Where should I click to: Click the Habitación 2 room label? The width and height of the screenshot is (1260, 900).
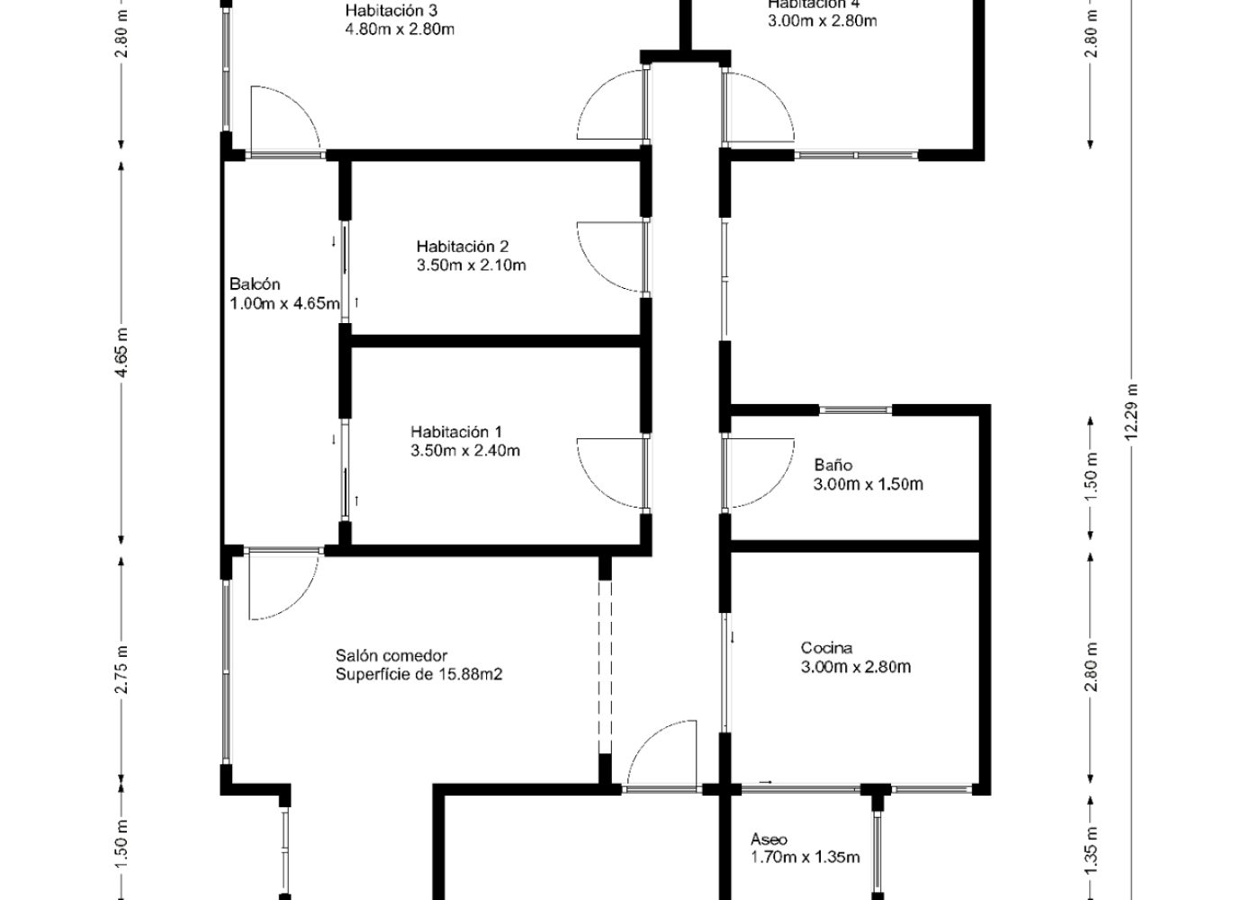click(463, 247)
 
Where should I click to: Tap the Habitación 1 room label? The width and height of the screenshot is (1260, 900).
click(456, 432)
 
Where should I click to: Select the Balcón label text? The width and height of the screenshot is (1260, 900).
click(255, 284)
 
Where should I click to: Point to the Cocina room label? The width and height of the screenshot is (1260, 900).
click(826, 648)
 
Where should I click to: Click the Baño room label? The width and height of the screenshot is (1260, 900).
click(833, 464)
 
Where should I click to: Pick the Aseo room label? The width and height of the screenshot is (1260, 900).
click(769, 839)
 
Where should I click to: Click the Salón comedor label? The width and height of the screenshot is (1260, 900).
click(391, 655)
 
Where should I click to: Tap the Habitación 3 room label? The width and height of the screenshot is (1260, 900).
click(391, 10)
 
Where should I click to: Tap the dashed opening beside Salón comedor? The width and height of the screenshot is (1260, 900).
click(605, 667)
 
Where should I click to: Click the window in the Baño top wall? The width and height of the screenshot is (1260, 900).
click(856, 409)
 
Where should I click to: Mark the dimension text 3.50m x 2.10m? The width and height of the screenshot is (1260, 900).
click(472, 265)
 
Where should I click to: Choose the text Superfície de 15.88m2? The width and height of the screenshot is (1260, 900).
click(419, 674)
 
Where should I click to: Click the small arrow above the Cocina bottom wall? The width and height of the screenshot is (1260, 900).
click(766, 781)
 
